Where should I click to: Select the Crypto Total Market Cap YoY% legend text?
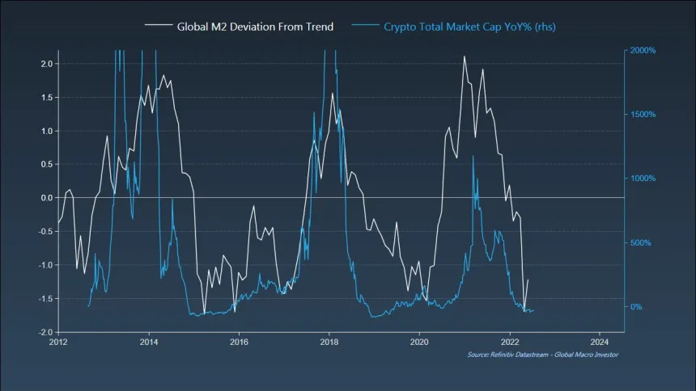(x=469, y=26)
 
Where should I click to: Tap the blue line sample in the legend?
(x=365, y=26)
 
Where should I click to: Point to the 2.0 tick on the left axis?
(x=47, y=64)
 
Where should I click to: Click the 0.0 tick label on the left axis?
(x=47, y=198)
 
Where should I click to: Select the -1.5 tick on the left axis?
(x=45, y=299)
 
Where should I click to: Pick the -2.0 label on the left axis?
(x=45, y=332)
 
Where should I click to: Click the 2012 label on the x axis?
(x=58, y=343)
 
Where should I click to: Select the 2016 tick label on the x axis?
(x=239, y=343)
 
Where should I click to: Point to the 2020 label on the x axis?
(x=419, y=343)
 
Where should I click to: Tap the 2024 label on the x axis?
(x=600, y=343)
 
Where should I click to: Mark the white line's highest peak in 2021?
(x=464, y=57)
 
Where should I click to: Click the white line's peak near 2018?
(x=333, y=94)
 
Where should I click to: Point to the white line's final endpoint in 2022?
(x=528, y=280)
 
